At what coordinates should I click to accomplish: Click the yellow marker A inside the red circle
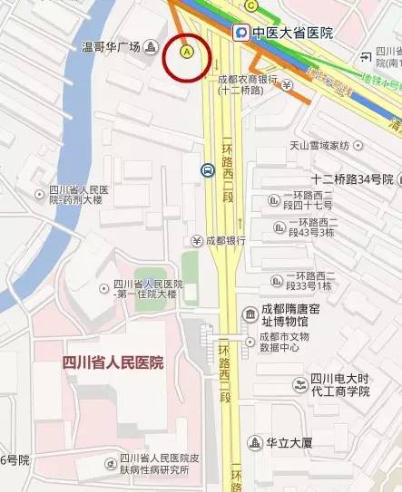187,53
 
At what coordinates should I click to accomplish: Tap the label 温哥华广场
113,46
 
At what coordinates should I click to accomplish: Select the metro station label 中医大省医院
292,34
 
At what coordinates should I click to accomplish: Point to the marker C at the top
250,5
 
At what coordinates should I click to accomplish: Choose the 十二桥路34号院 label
352,178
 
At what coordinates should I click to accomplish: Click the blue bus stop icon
208,169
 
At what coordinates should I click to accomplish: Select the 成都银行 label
226,240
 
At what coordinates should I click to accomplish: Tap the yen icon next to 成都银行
196,240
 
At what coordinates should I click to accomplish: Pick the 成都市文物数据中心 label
292,342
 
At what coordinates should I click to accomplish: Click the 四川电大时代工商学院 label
340,384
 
